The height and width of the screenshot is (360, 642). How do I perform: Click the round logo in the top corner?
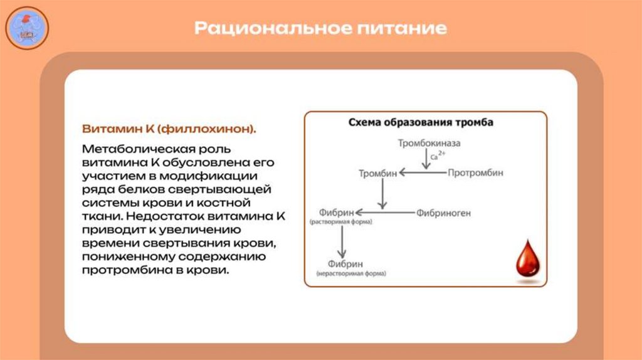(x=27, y=28)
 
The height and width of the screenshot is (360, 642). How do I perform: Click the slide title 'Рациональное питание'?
(x=320, y=28)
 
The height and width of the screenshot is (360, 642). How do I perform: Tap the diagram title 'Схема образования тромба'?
(x=421, y=122)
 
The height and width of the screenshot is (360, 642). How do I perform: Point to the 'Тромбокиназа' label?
(x=429, y=143)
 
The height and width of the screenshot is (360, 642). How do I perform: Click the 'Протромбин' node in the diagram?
(x=475, y=172)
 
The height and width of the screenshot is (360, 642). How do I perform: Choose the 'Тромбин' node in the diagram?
(x=377, y=172)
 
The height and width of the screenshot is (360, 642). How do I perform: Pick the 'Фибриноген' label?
(x=443, y=213)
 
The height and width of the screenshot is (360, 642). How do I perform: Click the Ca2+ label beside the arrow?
(x=438, y=155)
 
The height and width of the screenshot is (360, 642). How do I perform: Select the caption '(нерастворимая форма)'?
(x=351, y=273)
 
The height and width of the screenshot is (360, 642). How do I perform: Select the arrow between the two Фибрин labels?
(x=342, y=240)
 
